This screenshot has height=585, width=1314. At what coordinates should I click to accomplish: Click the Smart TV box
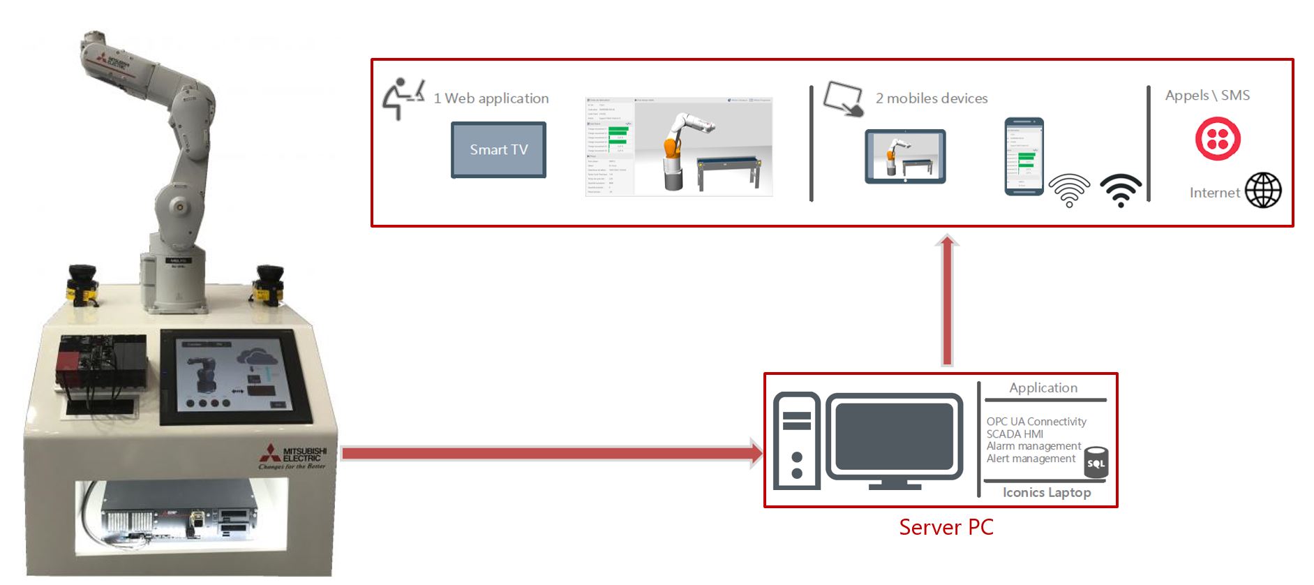click(498, 150)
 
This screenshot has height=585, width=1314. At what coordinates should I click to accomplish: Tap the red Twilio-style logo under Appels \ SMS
click(1218, 139)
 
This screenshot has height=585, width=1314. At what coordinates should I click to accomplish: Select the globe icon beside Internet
click(1263, 191)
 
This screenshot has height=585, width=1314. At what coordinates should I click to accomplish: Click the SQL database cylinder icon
click(1096, 463)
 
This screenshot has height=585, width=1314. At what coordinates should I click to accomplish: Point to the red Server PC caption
click(946, 527)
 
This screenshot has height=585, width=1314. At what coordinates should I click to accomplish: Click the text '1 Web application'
click(491, 98)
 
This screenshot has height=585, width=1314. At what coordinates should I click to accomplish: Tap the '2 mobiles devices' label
click(931, 98)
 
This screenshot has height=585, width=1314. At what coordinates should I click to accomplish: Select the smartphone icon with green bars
click(1024, 156)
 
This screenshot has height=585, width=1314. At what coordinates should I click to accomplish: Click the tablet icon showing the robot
click(905, 156)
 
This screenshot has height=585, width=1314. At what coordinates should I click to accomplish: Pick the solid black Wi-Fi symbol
click(1121, 190)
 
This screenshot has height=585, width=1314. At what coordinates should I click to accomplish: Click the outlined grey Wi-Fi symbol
click(1069, 190)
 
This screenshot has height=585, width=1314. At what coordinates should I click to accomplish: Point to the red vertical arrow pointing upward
click(947, 300)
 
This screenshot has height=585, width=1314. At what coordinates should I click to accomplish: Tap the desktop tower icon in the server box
click(797, 441)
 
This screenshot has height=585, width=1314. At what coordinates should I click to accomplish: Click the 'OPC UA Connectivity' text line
click(1036, 422)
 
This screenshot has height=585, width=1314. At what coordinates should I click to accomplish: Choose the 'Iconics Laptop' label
click(1046, 493)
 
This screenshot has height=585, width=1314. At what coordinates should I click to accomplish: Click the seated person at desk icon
click(403, 98)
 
